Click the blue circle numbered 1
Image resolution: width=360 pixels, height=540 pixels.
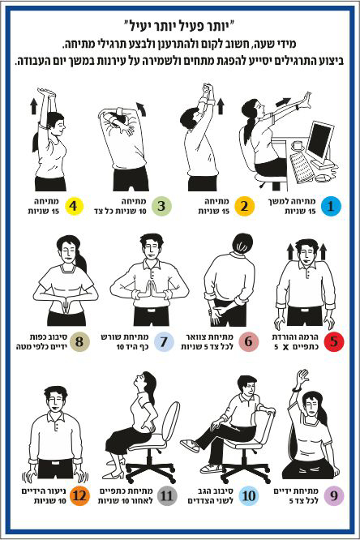click(x=331, y=206)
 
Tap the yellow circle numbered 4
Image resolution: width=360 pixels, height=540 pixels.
click(x=73, y=206)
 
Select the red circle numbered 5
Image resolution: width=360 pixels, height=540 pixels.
click(x=334, y=341)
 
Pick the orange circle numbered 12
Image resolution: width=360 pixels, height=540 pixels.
click(x=79, y=496)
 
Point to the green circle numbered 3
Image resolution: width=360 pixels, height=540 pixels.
click(x=161, y=206)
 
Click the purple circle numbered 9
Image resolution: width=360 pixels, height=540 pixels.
click(x=334, y=496)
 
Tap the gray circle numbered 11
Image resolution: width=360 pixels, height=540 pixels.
click(x=167, y=496)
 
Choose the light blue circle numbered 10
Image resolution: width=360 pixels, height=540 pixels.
click(x=249, y=496)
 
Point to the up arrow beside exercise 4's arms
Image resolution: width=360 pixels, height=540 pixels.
click(x=33, y=106)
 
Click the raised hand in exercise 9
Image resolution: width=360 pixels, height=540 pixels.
click(x=302, y=377)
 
